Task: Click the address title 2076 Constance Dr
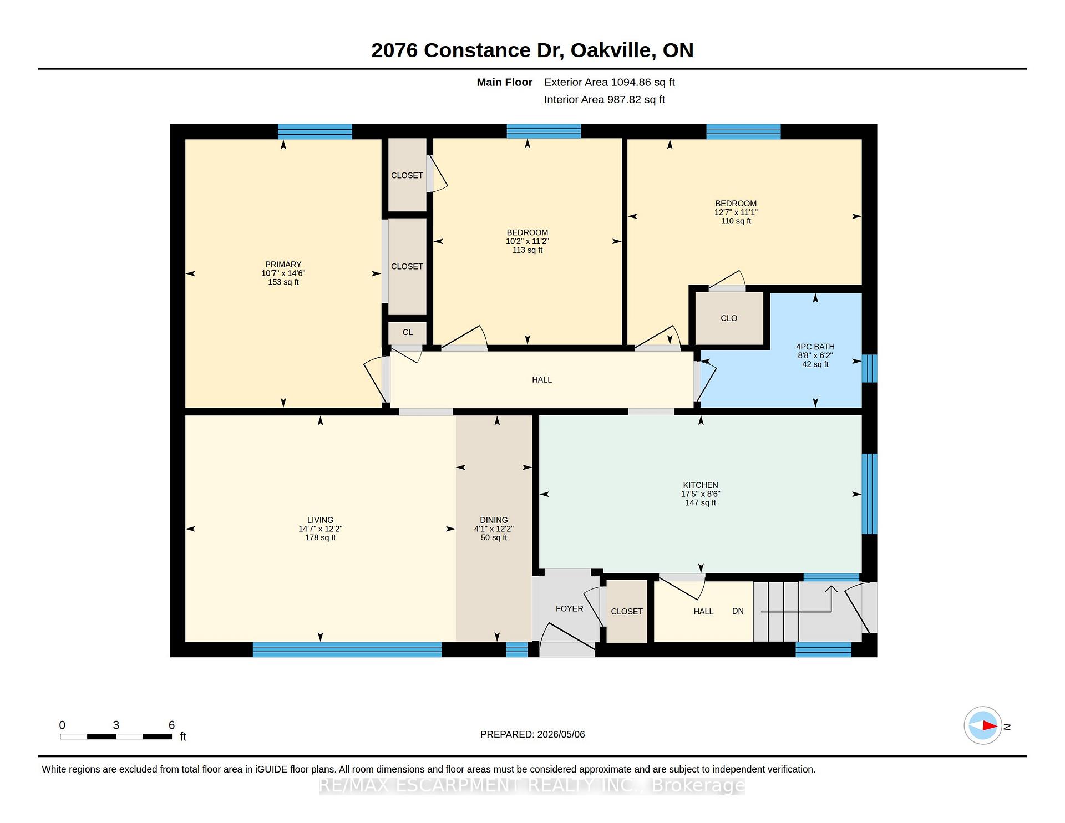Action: click(x=468, y=50)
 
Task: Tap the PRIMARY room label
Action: click(x=283, y=265)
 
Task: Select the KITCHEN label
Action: click(x=701, y=485)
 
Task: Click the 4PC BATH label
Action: click(x=815, y=347)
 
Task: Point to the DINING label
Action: click(x=494, y=520)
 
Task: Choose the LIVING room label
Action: click(x=320, y=520)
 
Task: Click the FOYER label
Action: click(x=569, y=608)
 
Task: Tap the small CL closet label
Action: click(x=408, y=332)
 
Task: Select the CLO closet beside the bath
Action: click(x=729, y=318)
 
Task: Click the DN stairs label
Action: click(x=738, y=611)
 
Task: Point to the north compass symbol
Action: click(x=983, y=725)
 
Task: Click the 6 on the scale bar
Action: click(x=171, y=725)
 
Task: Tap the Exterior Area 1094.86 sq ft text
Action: click(x=609, y=82)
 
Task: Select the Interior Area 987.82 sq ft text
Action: click(x=604, y=100)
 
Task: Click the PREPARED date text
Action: click(x=532, y=734)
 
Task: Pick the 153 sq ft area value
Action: click(x=283, y=282)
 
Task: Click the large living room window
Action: click(x=347, y=649)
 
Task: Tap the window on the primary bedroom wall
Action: click(x=315, y=131)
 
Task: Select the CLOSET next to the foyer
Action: click(x=627, y=611)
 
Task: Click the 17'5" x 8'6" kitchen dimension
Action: click(x=701, y=494)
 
